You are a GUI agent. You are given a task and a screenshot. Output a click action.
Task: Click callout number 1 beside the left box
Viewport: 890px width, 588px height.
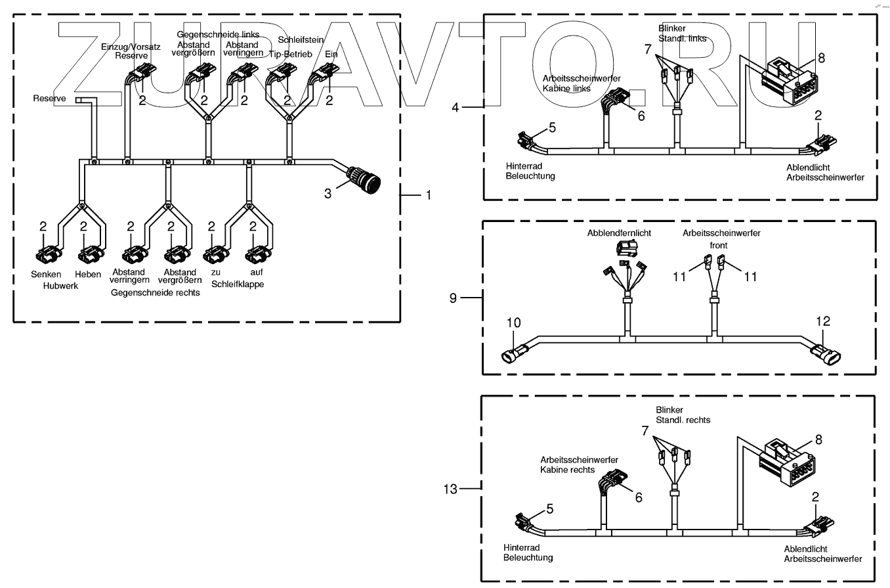point(428,195)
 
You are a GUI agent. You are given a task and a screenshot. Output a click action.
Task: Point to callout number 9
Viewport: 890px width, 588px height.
point(453,298)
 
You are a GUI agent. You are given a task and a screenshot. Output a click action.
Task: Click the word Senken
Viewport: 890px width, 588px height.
point(46,274)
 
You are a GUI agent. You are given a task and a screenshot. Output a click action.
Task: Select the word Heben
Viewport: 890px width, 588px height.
point(88,274)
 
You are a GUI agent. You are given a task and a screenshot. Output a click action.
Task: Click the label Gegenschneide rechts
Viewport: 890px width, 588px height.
point(156,292)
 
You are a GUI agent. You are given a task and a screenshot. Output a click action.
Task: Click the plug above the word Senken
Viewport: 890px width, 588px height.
point(46,254)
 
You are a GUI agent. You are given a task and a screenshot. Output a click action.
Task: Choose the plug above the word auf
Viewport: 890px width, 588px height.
point(255,254)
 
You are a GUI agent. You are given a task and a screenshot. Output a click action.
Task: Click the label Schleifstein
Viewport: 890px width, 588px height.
point(300,40)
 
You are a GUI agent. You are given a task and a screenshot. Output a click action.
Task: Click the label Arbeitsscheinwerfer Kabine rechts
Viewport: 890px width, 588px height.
point(579,464)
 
